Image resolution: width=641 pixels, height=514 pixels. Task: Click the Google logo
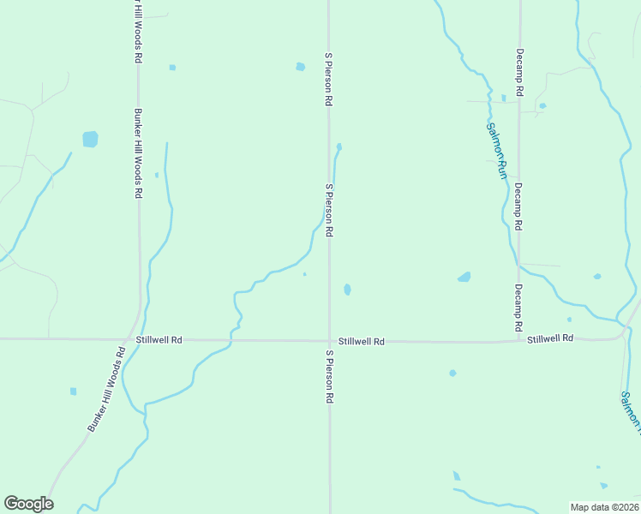pyautogui.click(x=28, y=504)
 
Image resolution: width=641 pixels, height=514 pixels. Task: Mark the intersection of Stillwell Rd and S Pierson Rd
pyautogui.click(x=330, y=340)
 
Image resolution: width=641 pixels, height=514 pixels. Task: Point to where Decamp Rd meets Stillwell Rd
pyautogui.click(x=519, y=341)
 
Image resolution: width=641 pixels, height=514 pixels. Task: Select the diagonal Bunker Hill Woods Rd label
pyautogui.click(x=107, y=389)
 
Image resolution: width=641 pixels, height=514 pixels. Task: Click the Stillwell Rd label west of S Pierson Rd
pyautogui.click(x=164, y=340)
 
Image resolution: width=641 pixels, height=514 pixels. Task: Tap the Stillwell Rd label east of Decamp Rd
pyautogui.click(x=549, y=339)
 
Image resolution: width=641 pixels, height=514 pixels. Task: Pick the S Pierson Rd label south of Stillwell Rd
pyautogui.click(x=329, y=376)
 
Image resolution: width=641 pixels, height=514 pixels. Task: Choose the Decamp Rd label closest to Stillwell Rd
pyautogui.click(x=518, y=308)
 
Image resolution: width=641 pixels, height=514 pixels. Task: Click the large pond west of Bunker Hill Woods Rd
pyautogui.click(x=90, y=139)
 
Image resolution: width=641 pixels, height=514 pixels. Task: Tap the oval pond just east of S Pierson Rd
pyautogui.click(x=347, y=290)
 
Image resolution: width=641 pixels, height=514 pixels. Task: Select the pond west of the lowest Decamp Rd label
pyautogui.click(x=464, y=277)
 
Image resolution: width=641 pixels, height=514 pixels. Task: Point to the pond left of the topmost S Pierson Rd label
pyautogui.click(x=300, y=67)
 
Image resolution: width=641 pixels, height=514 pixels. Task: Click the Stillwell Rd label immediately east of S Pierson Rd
pyautogui.click(x=361, y=341)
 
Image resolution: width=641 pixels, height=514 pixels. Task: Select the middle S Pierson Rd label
pyautogui.click(x=328, y=209)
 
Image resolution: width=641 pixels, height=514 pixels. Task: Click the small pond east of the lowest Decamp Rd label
pyautogui.click(x=597, y=276)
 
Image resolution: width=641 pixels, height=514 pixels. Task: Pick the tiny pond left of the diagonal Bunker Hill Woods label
pyautogui.click(x=73, y=391)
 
